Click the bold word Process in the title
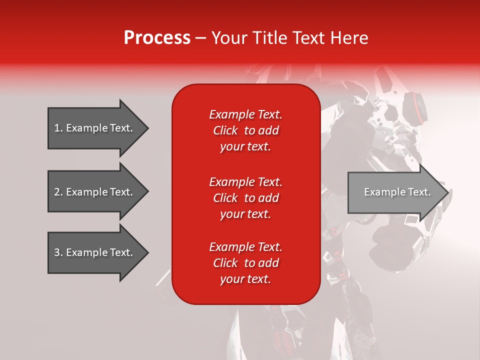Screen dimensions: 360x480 [157, 38]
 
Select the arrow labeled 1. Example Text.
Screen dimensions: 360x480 [95, 128]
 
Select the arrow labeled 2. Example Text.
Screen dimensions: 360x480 [95, 192]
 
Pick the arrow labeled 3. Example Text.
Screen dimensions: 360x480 [95, 252]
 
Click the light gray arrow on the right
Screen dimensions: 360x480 [395, 192]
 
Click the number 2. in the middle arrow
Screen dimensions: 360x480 [58, 192]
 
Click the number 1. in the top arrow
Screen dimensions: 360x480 [58, 128]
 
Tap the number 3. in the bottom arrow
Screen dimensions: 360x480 [58, 252]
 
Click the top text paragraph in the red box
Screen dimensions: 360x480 [245, 130]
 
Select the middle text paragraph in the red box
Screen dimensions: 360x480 [245, 198]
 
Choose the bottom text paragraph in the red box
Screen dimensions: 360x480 [245, 263]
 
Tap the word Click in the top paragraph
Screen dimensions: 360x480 [225, 130]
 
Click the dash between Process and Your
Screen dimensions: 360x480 [201, 38]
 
